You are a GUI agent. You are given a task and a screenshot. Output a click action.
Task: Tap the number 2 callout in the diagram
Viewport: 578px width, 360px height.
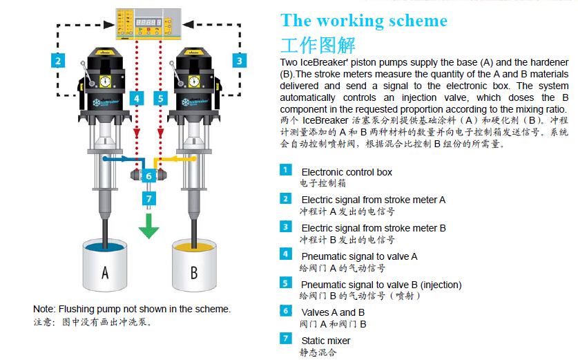pos(59,60)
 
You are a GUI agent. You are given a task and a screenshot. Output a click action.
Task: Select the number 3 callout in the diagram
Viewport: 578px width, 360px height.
pos(239,60)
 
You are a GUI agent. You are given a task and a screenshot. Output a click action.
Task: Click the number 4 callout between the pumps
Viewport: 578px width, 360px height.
pos(137,98)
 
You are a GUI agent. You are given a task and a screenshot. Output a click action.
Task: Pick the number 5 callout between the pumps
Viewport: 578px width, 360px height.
pos(160,98)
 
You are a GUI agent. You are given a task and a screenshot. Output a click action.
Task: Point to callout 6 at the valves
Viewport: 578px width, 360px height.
pos(148,176)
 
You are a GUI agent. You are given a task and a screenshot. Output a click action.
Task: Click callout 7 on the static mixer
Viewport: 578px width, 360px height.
pos(148,199)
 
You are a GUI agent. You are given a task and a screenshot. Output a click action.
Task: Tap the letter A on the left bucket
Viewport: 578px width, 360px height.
pos(104,273)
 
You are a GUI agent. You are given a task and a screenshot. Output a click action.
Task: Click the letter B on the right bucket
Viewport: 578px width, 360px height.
pos(193,273)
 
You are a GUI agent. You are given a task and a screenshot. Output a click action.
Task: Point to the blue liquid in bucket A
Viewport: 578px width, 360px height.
pos(104,246)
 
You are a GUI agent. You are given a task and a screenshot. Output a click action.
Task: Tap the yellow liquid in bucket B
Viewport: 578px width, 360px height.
pos(193,246)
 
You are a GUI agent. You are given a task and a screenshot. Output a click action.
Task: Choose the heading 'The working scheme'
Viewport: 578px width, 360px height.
pos(364,20)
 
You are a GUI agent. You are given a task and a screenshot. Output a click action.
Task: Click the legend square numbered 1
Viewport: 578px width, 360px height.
pos(286,170)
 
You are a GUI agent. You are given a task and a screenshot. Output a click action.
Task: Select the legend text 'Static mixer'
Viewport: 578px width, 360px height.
pos(325,341)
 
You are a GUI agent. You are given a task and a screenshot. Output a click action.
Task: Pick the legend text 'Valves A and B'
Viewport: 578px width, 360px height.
pos(332,312)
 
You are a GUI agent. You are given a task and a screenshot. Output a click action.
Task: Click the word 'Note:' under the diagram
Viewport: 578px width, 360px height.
pos(44,309)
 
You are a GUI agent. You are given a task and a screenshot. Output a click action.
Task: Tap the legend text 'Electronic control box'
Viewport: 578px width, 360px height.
pos(347,171)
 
